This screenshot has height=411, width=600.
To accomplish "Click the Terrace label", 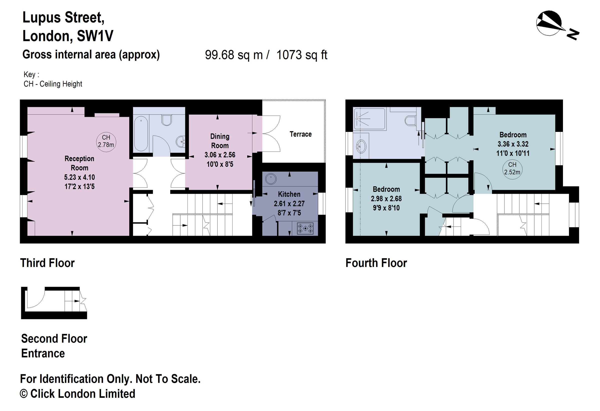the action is coord(300,134).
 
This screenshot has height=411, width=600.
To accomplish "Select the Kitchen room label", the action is coord(289,194).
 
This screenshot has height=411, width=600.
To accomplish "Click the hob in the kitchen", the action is coord(305,228).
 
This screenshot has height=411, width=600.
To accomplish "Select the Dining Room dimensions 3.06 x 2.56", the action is coord(220,155).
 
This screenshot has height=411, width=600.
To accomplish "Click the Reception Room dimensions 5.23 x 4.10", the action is coord(79,177).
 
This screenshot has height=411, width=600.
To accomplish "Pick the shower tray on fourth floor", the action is coord(369,119).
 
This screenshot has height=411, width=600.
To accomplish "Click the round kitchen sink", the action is coord(270,179).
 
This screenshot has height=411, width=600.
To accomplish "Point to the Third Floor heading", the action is coord(47,263).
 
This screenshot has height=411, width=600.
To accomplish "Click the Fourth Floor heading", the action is coord(376,263).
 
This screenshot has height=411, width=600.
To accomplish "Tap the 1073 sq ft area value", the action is coord(302,55).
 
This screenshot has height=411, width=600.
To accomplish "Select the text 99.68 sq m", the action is coord(234,55).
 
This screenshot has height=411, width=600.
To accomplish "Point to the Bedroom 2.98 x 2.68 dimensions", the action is coord(386,199).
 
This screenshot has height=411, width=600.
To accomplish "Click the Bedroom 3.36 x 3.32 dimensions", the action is coord(513,144).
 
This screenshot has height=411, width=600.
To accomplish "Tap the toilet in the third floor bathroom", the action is coord(167,120).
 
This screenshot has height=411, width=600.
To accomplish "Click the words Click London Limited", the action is coord(83,394).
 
